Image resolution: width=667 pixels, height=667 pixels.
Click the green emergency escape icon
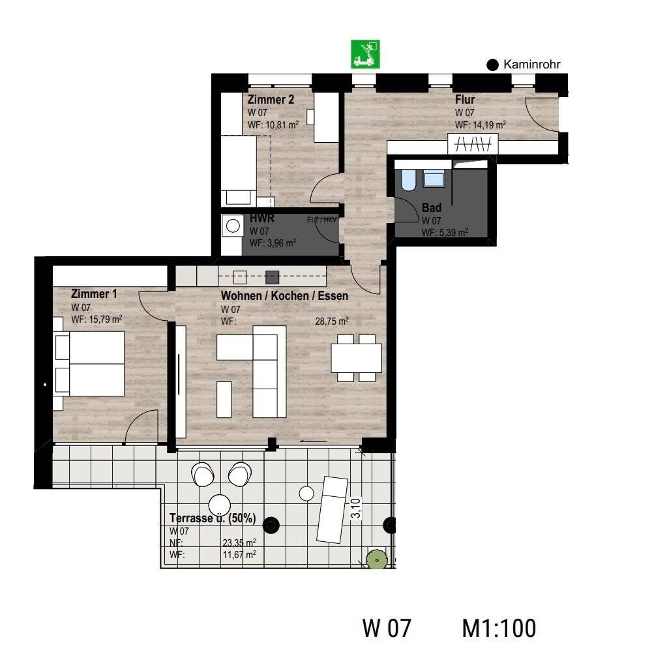[366, 54]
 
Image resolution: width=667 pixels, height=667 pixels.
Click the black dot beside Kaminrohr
[494, 65]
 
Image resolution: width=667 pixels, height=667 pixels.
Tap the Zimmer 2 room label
[271, 100]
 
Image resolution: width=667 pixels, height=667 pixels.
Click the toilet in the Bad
[409, 180]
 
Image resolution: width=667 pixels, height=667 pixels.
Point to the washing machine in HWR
[231, 226]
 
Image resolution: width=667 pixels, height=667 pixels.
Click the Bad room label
[432, 208]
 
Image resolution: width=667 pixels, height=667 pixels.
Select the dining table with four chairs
[356, 358]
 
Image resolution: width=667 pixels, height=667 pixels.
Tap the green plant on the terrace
[376, 559]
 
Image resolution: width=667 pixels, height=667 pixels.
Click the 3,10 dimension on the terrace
[355, 508]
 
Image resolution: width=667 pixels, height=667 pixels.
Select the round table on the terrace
[220, 505]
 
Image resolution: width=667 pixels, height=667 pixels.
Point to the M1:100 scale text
[499, 628]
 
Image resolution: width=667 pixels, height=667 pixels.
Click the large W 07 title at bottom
[387, 628]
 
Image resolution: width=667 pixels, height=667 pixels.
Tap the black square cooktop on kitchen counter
[273, 276]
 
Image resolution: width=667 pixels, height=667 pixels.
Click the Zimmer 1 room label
[94, 294]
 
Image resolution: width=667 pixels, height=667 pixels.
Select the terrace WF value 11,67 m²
[239, 554]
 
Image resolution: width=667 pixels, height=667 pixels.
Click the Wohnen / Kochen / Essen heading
[284, 295]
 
